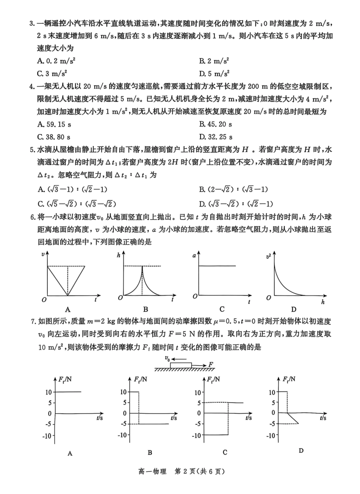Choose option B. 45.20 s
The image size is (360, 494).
pos(216,124)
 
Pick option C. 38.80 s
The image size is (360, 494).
pos(54,137)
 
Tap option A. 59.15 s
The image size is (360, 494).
pos(54,124)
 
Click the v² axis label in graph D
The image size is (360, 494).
pos(269,256)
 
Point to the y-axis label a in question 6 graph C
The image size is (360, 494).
pos(194,256)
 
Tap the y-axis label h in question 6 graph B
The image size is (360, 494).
pos(118,256)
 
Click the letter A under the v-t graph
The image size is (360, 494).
pos(68,309)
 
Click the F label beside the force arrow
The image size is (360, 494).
pos(211,364)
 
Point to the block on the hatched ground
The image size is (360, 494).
pos(181,365)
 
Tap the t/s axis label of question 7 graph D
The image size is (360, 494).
pos(323,418)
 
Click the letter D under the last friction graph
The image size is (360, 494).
pos(301,450)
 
